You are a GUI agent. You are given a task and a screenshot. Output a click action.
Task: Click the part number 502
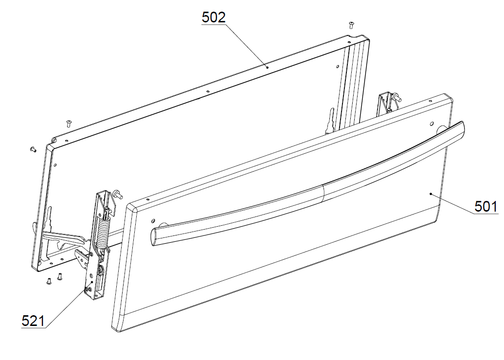[x=214, y=17]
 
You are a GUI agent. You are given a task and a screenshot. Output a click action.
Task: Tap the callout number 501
[x=486, y=206]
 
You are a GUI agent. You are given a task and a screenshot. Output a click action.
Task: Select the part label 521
[x=33, y=321]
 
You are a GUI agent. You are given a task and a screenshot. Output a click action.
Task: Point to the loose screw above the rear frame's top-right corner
[x=351, y=25]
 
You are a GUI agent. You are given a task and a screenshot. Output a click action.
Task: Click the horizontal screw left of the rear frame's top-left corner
[x=33, y=149]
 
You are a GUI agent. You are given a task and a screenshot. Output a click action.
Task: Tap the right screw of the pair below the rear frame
[x=59, y=276]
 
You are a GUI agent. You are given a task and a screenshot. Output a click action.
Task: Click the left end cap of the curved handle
[x=154, y=237]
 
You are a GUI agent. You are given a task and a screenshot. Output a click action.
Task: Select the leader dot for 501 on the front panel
[x=431, y=194]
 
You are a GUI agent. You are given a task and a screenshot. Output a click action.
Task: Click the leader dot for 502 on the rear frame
[x=267, y=68]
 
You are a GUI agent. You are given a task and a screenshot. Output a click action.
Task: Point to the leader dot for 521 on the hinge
[x=92, y=282]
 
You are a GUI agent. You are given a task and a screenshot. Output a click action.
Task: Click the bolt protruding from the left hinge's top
[x=118, y=194]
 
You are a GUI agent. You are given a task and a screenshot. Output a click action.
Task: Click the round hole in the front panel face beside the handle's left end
[x=152, y=221]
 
